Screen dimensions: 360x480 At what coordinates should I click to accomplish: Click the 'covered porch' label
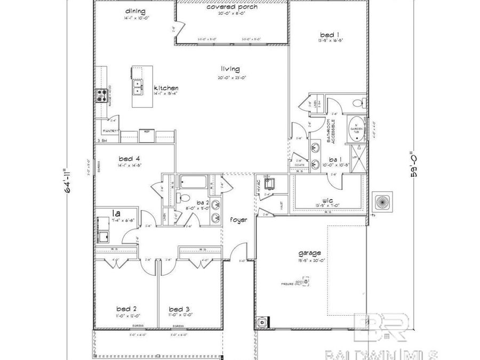[x=232, y=7]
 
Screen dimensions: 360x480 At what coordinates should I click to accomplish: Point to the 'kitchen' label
[x=166, y=88]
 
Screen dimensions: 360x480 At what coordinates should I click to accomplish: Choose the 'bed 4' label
[x=129, y=158]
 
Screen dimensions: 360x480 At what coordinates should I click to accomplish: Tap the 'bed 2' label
[x=127, y=308]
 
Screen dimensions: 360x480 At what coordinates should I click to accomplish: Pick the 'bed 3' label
[x=179, y=308]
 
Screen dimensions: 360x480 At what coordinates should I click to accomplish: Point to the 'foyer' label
[x=239, y=219]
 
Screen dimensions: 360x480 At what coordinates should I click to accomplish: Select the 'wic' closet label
[x=327, y=201]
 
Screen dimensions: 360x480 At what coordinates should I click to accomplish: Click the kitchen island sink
[x=138, y=87]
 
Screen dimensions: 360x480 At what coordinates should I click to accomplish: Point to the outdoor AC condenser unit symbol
[x=382, y=203]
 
